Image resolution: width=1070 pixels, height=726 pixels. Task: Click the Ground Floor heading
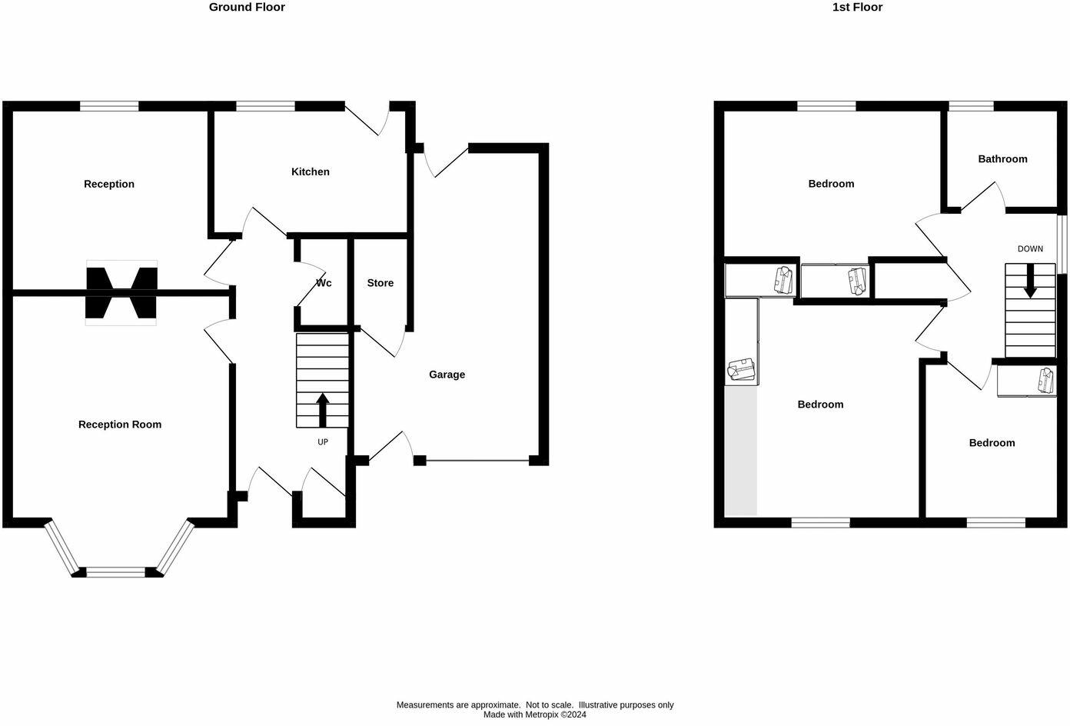(x=247, y=8)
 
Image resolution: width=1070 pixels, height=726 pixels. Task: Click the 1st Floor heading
(x=857, y=8)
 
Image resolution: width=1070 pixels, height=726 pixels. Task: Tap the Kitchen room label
(x=310, y=172)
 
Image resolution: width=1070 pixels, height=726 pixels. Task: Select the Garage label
(x=447, y=375)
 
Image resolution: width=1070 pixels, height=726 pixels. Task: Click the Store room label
(x=380, y=283)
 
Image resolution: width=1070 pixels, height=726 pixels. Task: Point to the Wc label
(x=324, y=283)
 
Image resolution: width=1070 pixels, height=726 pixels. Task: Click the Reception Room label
(x=120, y=425)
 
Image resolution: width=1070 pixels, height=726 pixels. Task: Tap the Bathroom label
(x=1002, y=159)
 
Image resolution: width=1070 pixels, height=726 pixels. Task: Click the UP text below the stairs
(x=323, y=442)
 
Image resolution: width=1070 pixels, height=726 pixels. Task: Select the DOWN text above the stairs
(x=1030, y=249)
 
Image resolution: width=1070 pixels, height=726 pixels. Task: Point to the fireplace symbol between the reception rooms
(x=121, y=292)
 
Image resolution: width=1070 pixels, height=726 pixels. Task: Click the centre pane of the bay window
(x=115, y=571)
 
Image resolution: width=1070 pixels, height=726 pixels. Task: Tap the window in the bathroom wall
(x=971, y=106)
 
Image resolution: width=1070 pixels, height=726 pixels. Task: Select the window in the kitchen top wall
(x=265, y=106)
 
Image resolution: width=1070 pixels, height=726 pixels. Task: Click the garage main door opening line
(x=477, y=461)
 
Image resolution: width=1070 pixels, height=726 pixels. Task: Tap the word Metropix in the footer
(x=543, y=714)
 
